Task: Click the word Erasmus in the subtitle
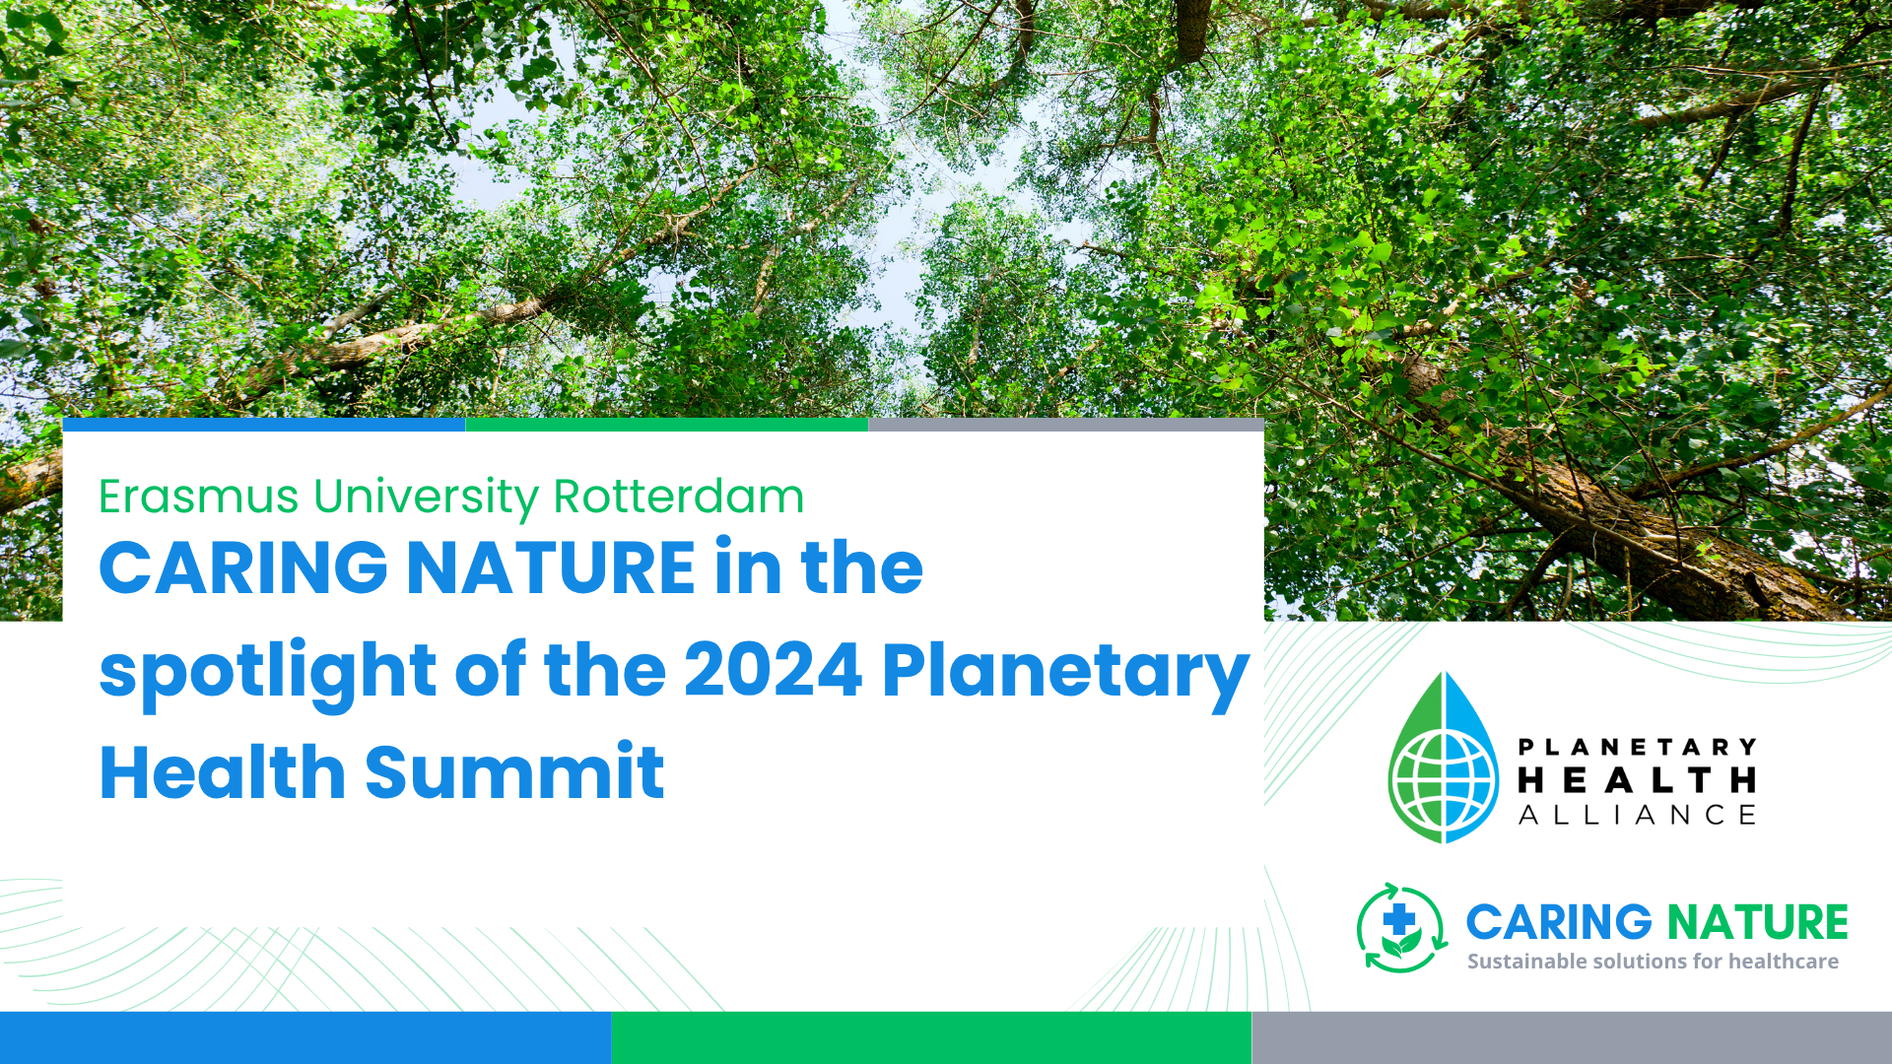tap(198, 497)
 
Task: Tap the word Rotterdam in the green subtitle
tap(679, 497)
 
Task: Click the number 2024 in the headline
tap(774, 671)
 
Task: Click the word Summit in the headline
tap(514, 771)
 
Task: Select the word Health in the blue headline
tap(223, 771)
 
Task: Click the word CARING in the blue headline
tap(243, 568)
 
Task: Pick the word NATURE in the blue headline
tap(552, 568)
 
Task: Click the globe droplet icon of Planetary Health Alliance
tap(1444, 758)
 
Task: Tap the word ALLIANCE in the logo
tap(1638, 815)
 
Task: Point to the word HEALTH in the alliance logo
tap(1638, 780)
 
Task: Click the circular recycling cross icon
tap(1402, 927)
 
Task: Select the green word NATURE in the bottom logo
tap(1758, 923)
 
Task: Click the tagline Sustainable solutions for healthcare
tap(1653, 962)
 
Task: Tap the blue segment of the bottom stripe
tap(305, 1037)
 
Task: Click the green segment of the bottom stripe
tap(931, 1037)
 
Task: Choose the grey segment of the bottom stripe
tap(1572, 1037)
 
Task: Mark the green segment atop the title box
tap(667, 425)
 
